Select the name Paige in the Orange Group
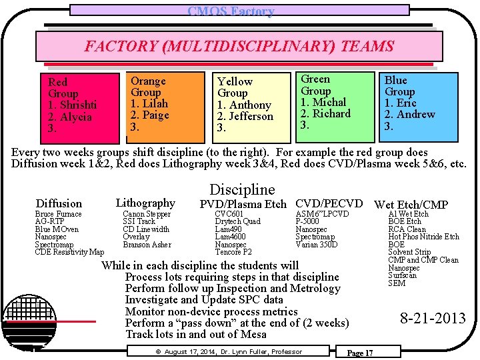(155, 115)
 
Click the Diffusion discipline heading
(59, 203)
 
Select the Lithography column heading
(145, 203)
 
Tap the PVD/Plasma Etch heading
(243, 204)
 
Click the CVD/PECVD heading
(329, 203)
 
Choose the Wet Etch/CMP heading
(411, 205)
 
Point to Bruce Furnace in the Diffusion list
(58, 214)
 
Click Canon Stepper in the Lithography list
(147, 214)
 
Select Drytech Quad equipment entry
(237, 221)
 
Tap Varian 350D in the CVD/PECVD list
(316, 245)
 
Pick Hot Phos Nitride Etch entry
(423, 237)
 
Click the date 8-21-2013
(433, 318)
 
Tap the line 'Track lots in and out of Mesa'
(195, 334)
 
